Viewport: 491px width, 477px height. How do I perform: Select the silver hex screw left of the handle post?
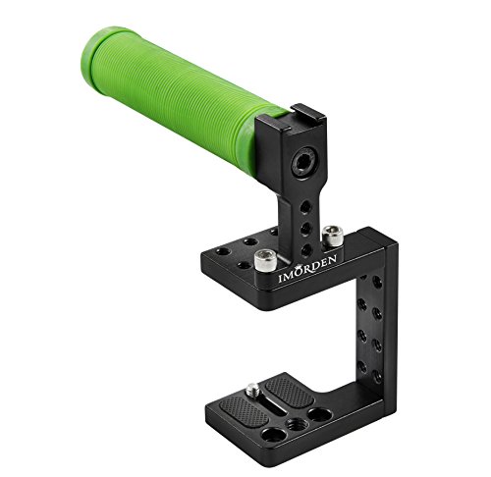pyautogui.click(x=265, y=259)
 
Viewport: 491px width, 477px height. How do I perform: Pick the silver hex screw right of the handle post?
pyautogui.click(x=333, y=236)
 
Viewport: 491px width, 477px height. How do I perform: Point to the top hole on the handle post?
pyautogui.click(x=305, y=207)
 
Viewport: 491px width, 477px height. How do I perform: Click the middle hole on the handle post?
pyautogui.click(x=305, y=228)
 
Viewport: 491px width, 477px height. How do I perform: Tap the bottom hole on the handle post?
pyautogui.click(x=306, y=249)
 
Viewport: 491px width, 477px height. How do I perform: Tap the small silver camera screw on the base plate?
pyautogui.click(x=252, y=390)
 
